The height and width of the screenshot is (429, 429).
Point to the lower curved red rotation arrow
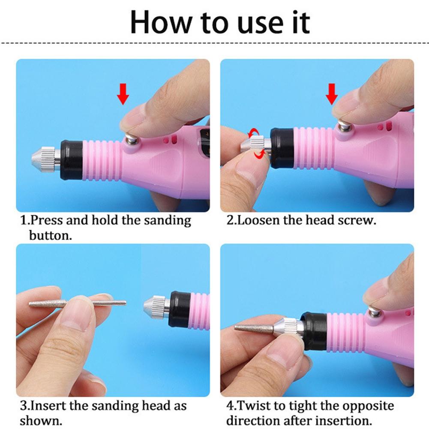[259, 155]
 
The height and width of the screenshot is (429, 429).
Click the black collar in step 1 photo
[71, 159]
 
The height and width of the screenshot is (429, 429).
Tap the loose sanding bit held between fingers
[77, 303]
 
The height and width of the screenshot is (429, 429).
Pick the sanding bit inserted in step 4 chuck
[253, 328]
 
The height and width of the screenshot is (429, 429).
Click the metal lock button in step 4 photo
[374, 312]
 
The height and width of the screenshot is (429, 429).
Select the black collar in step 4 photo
[315, 330]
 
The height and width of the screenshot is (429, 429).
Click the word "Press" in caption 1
[47, 221]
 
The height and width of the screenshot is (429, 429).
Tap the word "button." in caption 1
[49, 235]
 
